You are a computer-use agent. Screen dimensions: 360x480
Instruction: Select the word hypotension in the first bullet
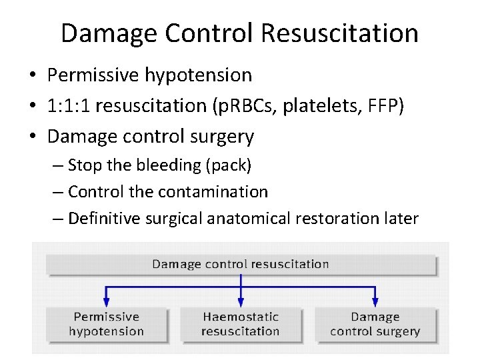[198, 75]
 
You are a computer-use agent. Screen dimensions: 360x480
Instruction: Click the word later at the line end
[398, 218]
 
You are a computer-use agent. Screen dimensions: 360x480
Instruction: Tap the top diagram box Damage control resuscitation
[241, 264]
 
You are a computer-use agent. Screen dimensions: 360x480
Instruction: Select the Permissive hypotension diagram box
[107, 324]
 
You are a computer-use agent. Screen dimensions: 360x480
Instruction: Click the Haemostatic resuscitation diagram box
[241, 324]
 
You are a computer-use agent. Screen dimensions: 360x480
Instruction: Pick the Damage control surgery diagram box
[375, 324]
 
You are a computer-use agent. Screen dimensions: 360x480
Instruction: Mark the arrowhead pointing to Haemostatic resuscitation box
[241, 301]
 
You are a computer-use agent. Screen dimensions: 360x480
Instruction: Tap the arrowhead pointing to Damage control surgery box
[375, 301]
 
